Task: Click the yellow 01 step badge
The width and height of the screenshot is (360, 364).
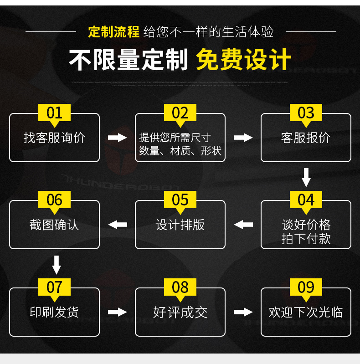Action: point(54,113)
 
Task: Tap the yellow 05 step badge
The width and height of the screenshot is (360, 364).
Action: point(180,200)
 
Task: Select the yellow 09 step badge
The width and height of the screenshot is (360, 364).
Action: point(306,287)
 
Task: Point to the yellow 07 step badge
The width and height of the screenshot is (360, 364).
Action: point(54,287)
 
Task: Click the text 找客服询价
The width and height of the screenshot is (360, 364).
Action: point(54,138)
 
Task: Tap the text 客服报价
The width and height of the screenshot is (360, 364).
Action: point(306,138)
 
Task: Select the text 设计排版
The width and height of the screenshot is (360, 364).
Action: point(180,225)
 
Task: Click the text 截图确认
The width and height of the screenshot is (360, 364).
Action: point(54,225)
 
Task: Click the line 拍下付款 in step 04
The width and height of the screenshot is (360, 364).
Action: point(306,239)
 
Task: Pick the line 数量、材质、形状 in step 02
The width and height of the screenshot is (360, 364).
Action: point(180,151)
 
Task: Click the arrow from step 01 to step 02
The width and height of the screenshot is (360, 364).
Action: point(117,138)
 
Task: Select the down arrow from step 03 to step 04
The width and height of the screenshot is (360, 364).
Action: point(306,177)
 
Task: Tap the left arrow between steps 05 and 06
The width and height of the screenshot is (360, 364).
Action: point(117,224)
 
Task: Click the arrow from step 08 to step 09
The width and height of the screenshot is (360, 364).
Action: point(243,312)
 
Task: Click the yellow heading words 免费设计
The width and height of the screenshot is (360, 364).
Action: point(244,60)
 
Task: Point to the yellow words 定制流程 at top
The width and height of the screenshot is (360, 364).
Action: point(113,32)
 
